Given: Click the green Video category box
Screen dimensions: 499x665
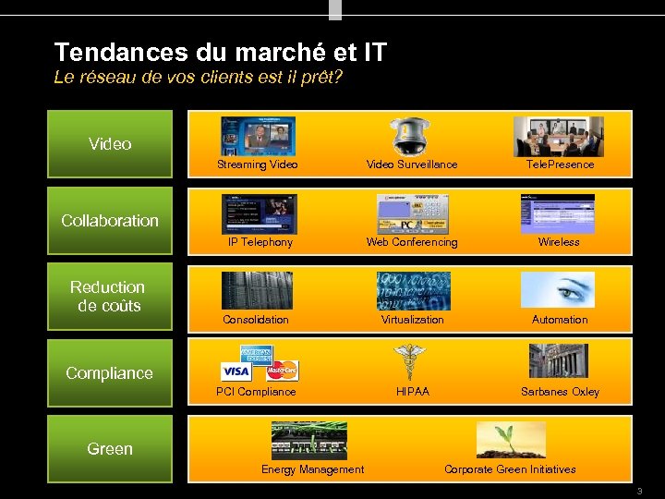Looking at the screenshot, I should point(110,144).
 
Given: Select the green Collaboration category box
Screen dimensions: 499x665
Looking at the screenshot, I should point(110,221).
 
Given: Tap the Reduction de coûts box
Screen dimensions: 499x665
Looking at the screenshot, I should point(110,297).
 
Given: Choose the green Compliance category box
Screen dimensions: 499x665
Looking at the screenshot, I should point(110,373).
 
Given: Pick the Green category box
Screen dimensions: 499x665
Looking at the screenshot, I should point(110,449).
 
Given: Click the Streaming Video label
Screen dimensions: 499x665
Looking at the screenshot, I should point(258,164).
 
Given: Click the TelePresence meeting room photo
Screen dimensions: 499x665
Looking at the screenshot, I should point(559,136).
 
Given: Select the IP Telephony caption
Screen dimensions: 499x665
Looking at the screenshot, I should point(260,242).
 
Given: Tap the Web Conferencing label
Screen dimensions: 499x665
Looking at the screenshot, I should point(412,242).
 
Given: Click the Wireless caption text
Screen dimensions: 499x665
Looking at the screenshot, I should point(559,242).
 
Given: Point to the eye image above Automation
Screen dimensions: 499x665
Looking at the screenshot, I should point(558,289).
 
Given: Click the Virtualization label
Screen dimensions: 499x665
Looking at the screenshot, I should point(413,320).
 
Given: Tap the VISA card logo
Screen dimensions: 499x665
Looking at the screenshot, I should point(236,371).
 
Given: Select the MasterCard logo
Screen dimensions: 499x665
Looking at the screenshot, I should point(282,371).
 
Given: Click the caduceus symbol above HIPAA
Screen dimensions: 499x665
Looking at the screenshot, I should point(407,361).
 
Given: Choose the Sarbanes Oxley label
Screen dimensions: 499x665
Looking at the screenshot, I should point(560,392).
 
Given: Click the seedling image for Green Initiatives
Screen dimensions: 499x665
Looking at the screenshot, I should point(510,440).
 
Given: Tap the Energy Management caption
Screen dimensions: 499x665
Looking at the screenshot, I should point(312,469).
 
